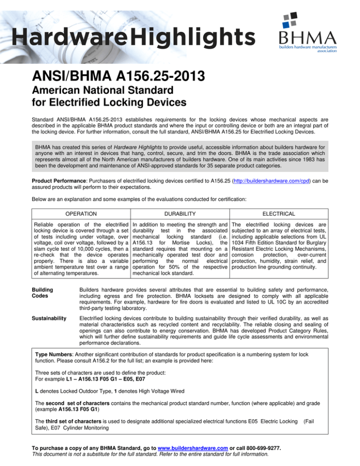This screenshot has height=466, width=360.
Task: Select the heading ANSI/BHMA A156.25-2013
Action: tap(107, 74)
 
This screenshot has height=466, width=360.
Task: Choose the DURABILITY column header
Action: tap(180, 188)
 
